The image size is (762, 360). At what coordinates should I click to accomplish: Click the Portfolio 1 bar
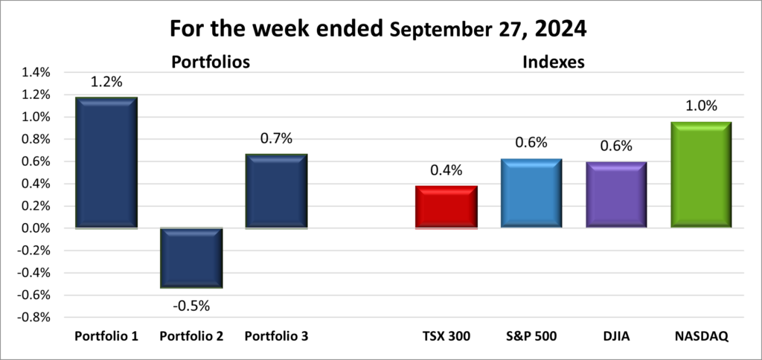click(106, 162)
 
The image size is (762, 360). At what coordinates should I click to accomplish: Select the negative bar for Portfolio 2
click(191, 257)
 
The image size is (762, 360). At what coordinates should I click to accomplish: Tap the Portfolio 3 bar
click(276, 191)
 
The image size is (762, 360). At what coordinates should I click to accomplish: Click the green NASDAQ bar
click(701, 175)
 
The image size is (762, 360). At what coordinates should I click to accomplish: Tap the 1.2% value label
click(106, 83)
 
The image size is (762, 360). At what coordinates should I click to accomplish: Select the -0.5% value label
click(191, 304)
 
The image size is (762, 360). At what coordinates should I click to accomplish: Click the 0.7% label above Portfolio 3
click(276, 138)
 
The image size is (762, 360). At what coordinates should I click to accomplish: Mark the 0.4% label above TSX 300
click(446, 170)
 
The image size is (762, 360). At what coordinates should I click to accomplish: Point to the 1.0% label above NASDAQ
click(701, 106)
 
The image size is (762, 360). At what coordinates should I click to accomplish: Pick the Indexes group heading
click(553, 62)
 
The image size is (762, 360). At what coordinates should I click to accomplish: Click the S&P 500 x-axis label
click(531, 336)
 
